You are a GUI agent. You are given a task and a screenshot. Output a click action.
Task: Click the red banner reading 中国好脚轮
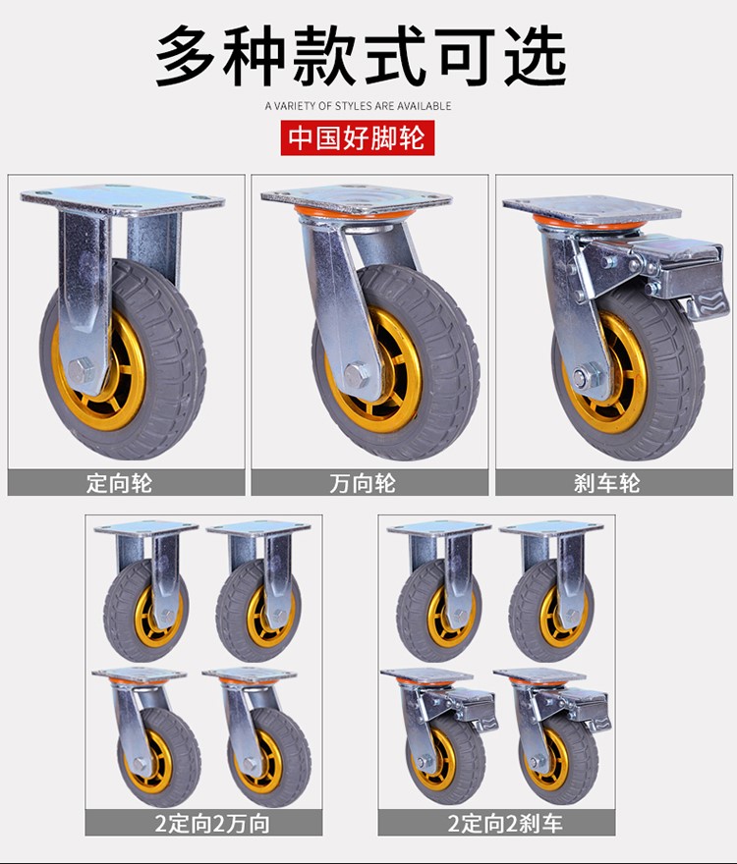point(358,137)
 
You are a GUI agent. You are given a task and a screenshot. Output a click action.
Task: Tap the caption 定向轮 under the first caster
point(119,483)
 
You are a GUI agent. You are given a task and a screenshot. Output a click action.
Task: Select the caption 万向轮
point(363,483)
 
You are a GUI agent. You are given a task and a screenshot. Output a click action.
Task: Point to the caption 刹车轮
point(607,483)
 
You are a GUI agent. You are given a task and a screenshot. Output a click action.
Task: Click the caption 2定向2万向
point(212,823)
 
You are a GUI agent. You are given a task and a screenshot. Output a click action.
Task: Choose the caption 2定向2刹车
point(505,823)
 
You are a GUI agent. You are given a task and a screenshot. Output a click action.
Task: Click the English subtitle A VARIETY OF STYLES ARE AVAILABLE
point(358,106)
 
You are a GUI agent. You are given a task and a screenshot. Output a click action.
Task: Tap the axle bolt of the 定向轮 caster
point(83,371)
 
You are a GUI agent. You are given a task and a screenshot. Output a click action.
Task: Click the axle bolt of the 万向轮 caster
point(357,375)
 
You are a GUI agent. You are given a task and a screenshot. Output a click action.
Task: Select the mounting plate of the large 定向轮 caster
point(123,198)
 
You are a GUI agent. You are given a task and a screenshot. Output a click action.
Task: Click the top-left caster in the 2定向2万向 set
point(146,591)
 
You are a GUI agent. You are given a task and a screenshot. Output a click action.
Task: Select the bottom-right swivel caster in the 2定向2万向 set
point(259,737)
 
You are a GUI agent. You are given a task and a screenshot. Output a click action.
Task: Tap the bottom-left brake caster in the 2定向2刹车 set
point(439,737)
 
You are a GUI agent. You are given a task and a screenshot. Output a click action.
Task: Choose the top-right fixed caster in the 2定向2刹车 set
point(551,591)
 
